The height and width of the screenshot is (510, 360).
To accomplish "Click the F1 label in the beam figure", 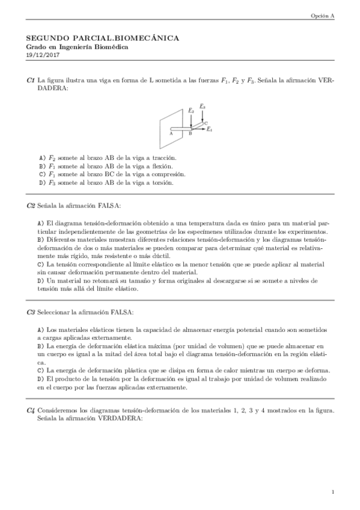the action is (209, 129).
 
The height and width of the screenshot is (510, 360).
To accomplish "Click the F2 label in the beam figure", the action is (191, 111).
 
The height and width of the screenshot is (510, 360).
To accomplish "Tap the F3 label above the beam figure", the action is (203, 106).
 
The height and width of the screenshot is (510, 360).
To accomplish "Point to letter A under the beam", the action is (172, 134).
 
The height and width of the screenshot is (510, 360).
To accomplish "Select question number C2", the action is (31, 206).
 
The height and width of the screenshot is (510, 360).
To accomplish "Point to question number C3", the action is (31, 312).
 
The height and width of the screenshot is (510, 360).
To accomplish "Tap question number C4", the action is (31, 411).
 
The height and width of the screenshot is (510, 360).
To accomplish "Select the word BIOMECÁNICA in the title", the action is (148, 38).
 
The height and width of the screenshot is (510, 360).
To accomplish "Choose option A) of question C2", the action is (41, 223).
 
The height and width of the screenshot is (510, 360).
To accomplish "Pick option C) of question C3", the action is (41, 370).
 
